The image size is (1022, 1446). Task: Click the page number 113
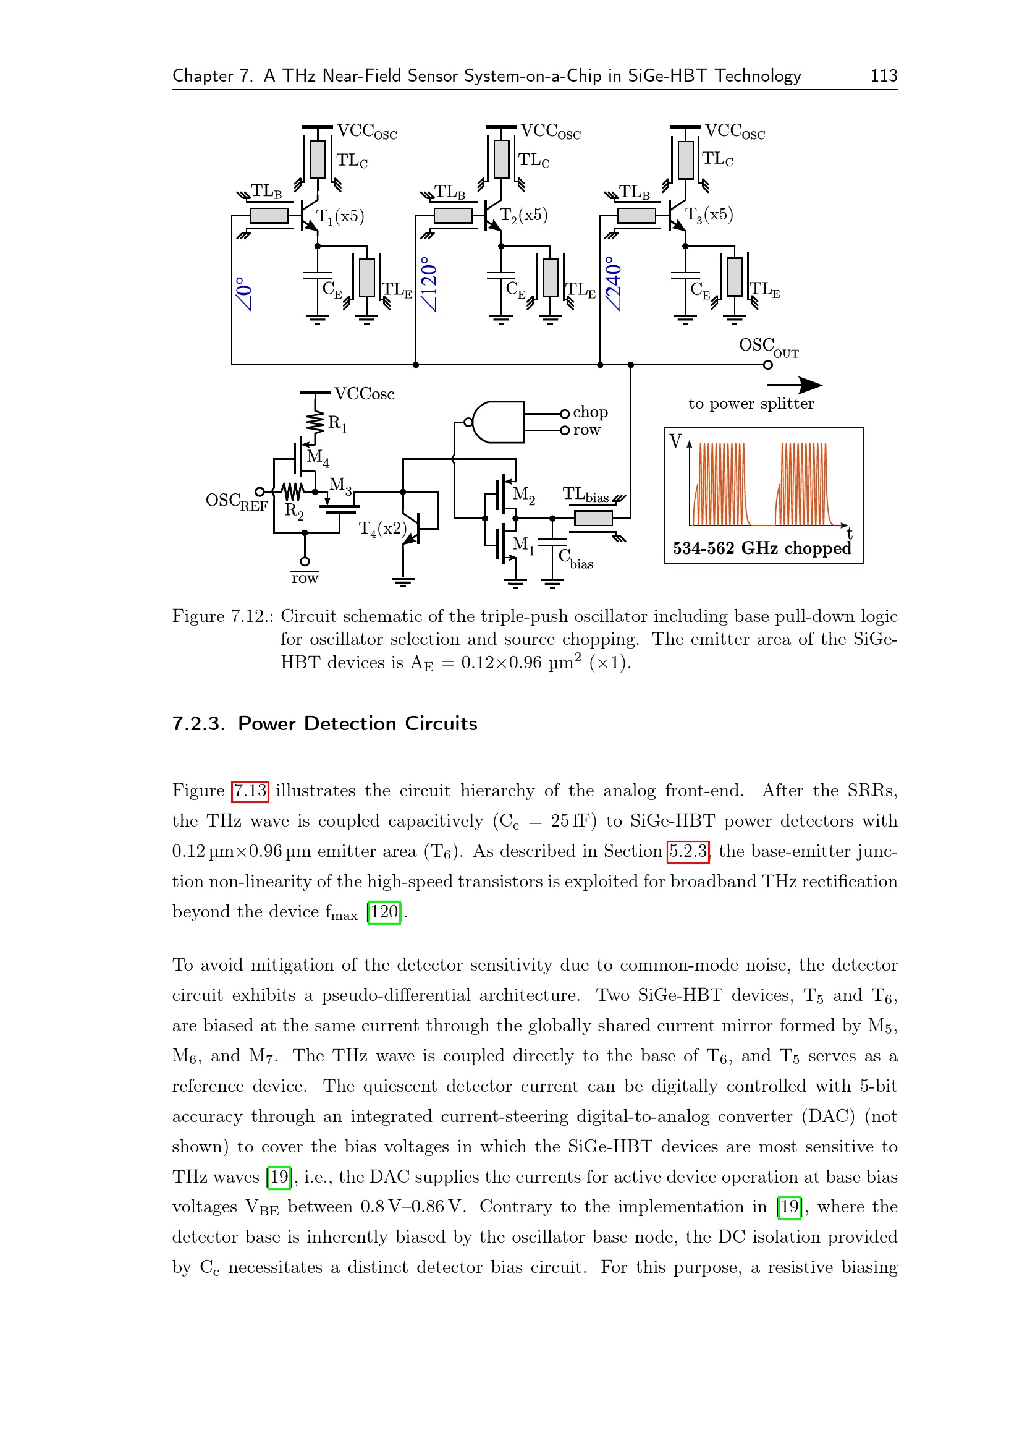click(883, 76)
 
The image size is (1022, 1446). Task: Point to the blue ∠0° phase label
click(244, 294)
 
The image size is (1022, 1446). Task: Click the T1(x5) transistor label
click(340, 216)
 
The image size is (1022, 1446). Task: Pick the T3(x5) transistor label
click(709, 215)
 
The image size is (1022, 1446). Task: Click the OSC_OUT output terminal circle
click(767, 365)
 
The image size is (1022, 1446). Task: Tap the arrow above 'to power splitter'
click(794, 385)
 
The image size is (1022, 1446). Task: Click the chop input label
click(590, 412)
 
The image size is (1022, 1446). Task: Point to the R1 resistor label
click(337, 424)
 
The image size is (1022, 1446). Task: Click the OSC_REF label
click(237, 502)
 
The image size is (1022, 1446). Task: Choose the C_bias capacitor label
click(575, 559)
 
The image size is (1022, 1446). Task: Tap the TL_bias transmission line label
click(585, 495)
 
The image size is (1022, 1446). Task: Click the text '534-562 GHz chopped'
click(761, 548)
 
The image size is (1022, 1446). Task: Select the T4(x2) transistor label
click(382, 529)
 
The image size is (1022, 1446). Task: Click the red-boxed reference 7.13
click(250, 791)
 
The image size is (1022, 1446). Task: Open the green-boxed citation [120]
click(384, 912)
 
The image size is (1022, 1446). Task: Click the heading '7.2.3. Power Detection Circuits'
click(325, 724)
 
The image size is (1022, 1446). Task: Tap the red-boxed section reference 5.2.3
click(688, 851)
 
